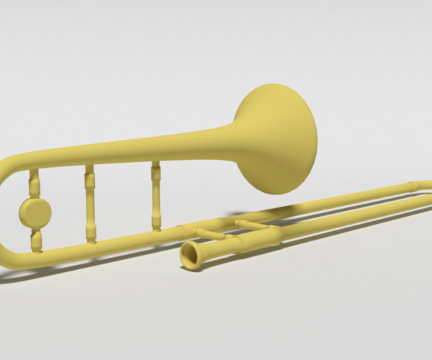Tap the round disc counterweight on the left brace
pos(35,212)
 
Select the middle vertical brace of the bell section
pos(90,205)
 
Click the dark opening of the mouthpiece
pos(191,256)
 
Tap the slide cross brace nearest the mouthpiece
pos(210,233)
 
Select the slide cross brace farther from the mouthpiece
pos(252,225)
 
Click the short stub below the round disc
pos(36,240)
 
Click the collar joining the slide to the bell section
pos(183,230)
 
